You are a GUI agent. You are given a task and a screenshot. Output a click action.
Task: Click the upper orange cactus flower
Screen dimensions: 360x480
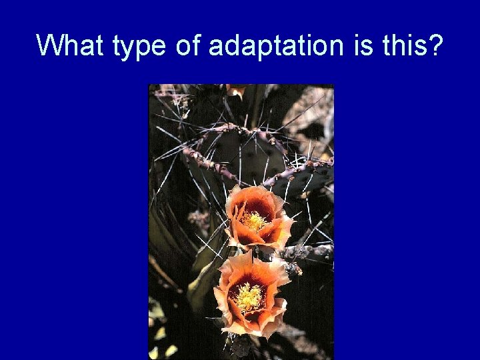257,217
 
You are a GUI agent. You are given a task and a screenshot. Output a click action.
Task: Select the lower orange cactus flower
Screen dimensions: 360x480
249,293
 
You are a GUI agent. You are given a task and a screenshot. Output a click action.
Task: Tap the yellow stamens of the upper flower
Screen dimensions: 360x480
254,221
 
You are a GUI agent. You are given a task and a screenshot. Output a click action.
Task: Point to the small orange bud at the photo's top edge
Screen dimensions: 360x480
235,90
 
